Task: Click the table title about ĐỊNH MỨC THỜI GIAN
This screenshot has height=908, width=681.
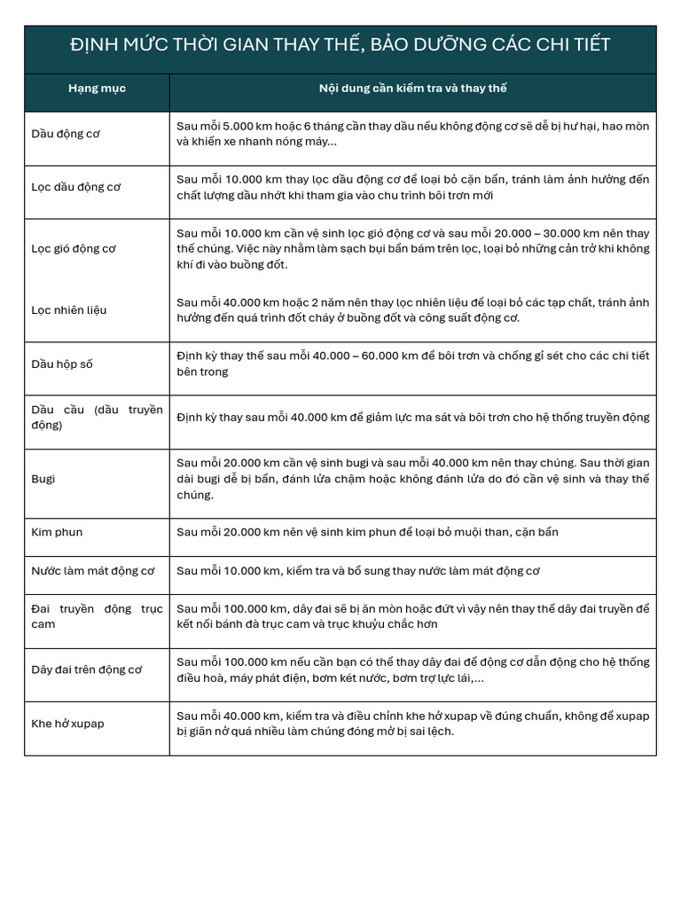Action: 340,44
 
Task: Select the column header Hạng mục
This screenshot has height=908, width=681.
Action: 97,89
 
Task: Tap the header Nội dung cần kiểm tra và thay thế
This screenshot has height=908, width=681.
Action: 412,89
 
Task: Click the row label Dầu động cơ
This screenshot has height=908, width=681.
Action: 66,134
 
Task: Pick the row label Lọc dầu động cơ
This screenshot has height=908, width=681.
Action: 76,187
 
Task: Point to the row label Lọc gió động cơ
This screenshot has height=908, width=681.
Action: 74,248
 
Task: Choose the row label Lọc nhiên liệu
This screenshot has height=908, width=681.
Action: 69,310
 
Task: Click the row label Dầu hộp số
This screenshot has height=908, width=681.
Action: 62,364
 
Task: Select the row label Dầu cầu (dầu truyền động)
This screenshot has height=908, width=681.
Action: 97,417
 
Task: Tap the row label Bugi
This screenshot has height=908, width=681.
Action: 43,479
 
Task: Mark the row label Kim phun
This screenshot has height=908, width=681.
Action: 57,532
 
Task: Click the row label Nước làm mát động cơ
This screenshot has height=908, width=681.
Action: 93,571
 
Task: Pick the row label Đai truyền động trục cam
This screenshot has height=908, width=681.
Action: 97,616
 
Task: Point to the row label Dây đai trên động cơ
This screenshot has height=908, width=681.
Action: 87,669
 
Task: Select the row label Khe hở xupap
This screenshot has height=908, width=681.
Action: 68,724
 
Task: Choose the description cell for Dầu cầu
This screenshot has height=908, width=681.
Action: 412,417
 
